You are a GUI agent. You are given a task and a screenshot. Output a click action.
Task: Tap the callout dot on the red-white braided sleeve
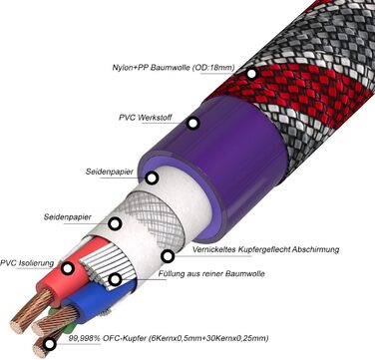(x=251, y=73)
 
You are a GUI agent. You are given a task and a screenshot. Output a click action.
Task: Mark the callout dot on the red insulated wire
(x=68, y=267)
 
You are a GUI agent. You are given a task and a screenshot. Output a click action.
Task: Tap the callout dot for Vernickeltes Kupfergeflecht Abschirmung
(x=167, y=255)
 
